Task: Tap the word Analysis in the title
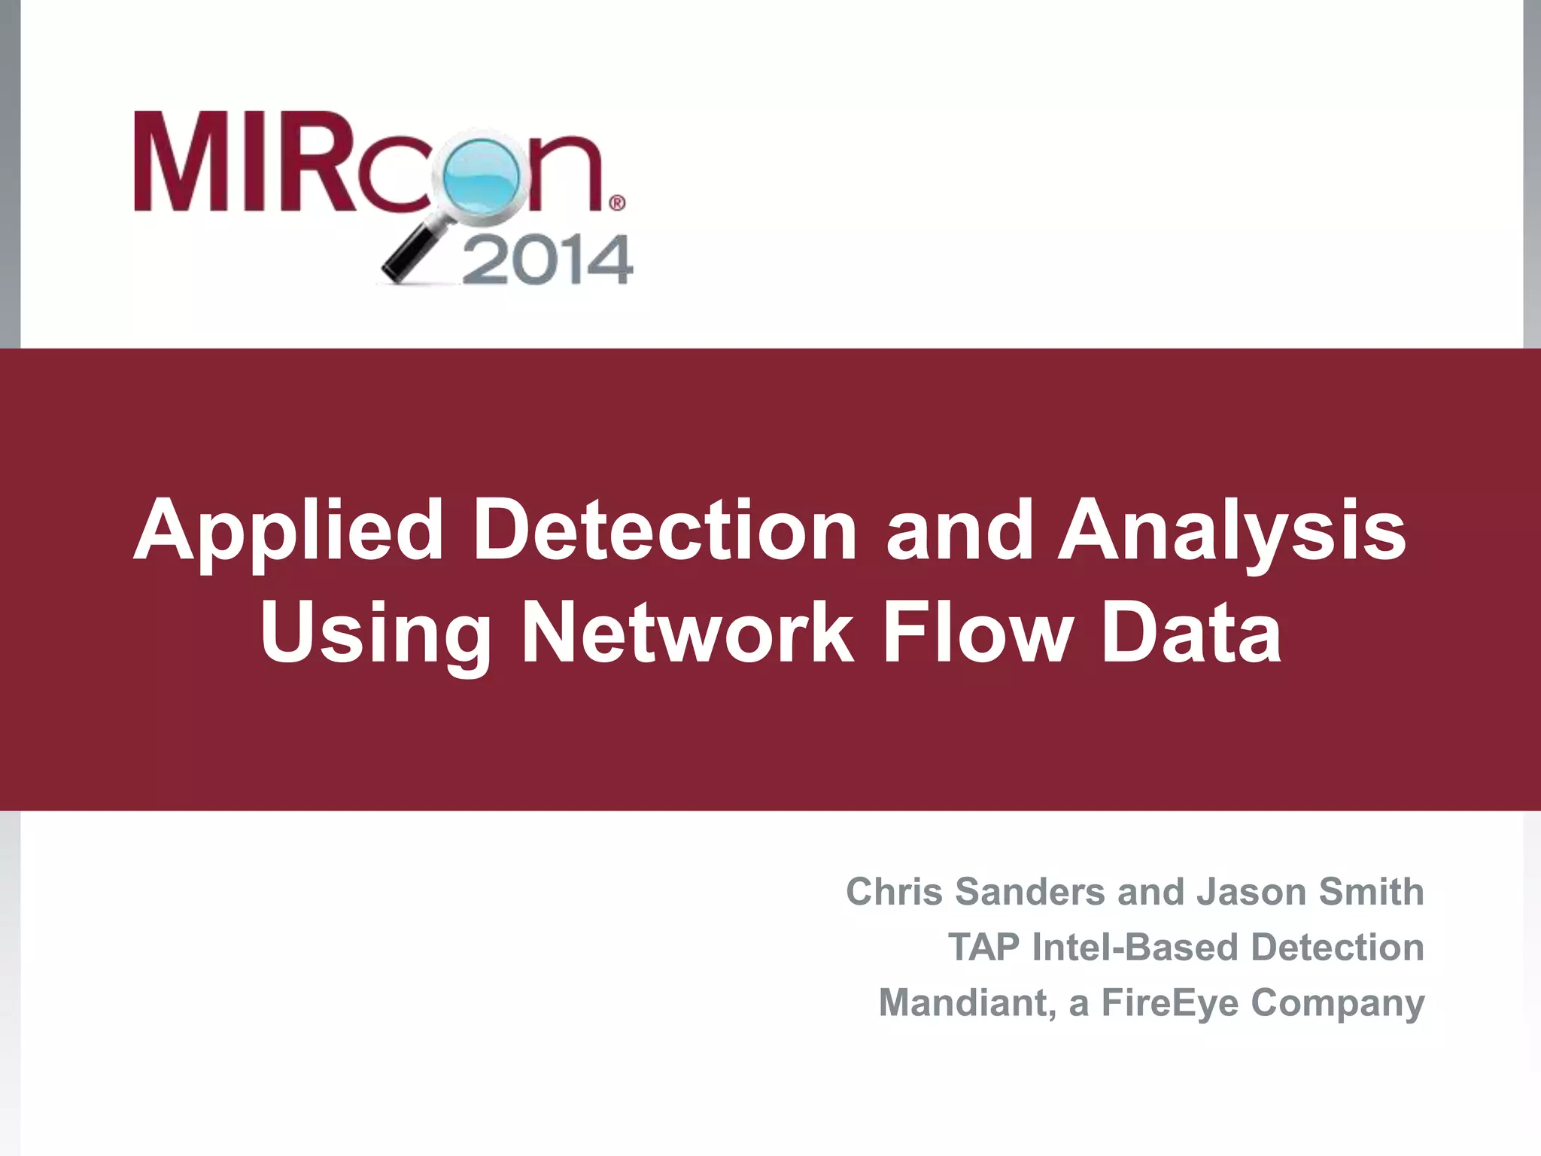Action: pyautogui.click(x=1232, y=532)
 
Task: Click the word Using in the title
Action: pyautogui.click(x=375, y=634)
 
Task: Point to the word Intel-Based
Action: pyautogui.click(x=1136, y=948)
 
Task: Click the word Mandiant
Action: pyautogui.click(x=968, y=1003)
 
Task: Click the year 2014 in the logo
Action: pyautogui.click(x=547, y=260)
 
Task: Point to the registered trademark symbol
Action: pyautogui.click(x=616, y=202)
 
